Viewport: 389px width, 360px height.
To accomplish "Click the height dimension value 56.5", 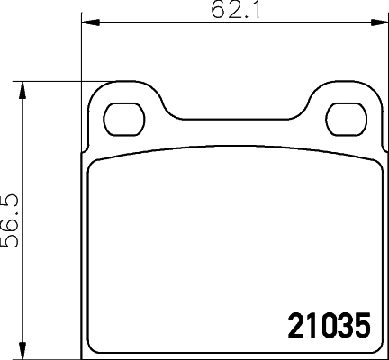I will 11,219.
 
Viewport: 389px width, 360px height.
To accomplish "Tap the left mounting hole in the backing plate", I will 123,116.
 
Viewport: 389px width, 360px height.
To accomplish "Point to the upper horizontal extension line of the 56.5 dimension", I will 54,83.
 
